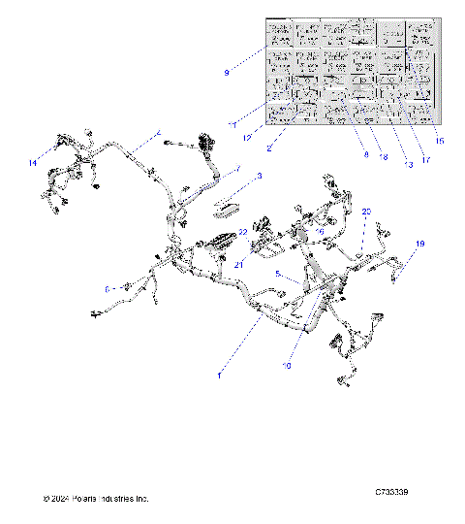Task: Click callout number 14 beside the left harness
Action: [33, 162]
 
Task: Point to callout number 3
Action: [260, 177]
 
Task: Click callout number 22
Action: [244, 232]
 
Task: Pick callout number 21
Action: [236, 264]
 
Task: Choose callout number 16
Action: [319, 231]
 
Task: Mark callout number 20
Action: [366, 211]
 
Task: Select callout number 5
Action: [278, 275]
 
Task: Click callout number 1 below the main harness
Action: [220, 374]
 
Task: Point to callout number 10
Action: [287, 366]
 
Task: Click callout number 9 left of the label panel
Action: [227, 72]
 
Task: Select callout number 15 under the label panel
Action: [440, 142]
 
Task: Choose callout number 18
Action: [384, 155]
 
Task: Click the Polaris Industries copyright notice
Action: [96, 499]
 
